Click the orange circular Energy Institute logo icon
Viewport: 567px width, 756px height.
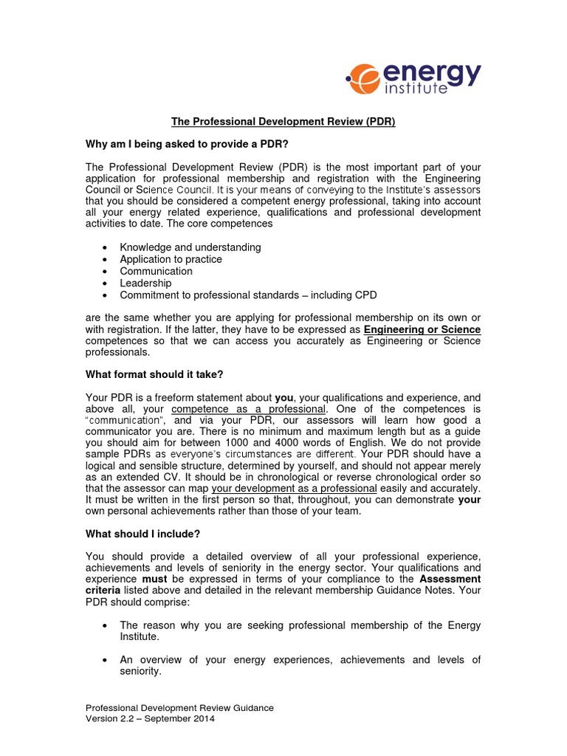[x=362, y=78]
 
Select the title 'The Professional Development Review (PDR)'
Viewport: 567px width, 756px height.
[x=283, y=122]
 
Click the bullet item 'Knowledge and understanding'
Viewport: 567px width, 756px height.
[x=190, y=247]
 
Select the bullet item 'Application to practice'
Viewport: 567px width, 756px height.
[x=171, y=259]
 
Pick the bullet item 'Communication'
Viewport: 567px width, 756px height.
[x=157, y=271]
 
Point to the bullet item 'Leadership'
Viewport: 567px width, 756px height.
[x=145, y=283]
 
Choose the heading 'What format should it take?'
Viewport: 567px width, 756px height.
[x=154, y=374]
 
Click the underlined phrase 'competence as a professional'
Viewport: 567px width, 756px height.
[x=248, y=408]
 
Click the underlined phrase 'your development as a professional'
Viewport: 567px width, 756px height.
[x=294, y=489]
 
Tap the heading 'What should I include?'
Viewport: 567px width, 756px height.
[x=143, y=533]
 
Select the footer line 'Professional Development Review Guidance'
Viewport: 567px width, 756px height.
[x=179, y=708]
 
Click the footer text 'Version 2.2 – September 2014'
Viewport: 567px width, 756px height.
[x=151, y=719]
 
